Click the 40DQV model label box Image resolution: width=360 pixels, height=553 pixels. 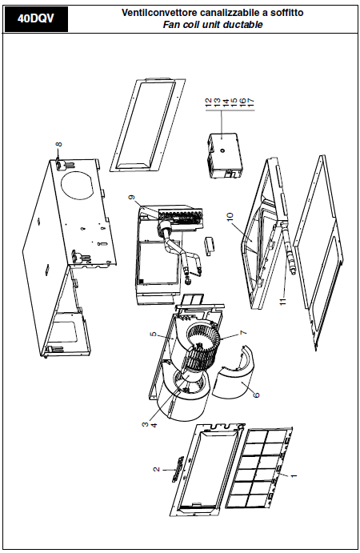coord(36,18)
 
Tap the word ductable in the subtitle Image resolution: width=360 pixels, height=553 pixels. coord(243,25)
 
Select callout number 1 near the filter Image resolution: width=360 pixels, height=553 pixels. coord(293,475)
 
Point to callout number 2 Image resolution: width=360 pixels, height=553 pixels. coord(157,470)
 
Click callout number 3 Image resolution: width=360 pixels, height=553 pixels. coord(145,425)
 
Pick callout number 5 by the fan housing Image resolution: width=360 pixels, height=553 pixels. coord(153,334)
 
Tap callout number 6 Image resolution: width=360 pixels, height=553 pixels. coord(256,395)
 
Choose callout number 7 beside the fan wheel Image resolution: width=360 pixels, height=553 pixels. coord(242,333)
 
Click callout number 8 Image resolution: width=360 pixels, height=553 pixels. coord(59,144)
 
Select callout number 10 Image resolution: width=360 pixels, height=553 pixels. coord(230,217)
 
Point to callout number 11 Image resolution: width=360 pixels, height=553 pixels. coord(282,302)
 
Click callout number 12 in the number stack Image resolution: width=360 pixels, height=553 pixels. coord(208,102)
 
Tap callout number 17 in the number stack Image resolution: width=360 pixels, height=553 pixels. coord(250,102)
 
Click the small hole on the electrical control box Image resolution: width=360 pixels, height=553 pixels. coord(223,150)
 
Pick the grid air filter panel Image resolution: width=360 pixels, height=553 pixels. coord(259,467)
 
